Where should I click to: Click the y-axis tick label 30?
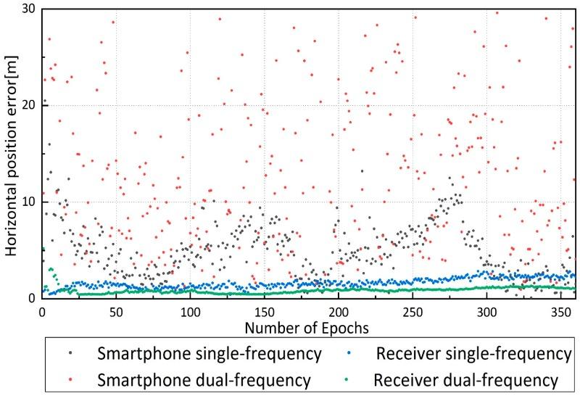(x=29, y=9)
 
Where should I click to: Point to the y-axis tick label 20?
(x=29, y=105)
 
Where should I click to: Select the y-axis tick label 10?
(x=29, y=202)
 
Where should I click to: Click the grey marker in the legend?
(x=70, y=354)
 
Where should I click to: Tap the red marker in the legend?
(x=70, y=379)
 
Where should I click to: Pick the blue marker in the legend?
(x=357, y=354)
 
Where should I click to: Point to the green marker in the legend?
(x=357, y=379)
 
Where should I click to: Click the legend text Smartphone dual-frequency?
(x=205, y=379)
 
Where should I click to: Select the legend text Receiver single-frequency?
(x=474, y=354)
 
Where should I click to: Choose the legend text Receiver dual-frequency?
(x=465, y=379)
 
